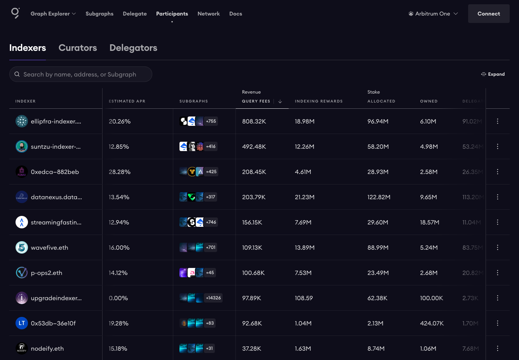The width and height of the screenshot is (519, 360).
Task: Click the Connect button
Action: (488, 14)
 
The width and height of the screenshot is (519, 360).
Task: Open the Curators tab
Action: (78, 48)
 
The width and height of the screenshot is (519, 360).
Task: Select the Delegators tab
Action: (133, 48)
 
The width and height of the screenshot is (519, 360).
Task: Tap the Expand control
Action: (493, 74)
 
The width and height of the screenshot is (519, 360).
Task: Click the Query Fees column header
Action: (256, 101)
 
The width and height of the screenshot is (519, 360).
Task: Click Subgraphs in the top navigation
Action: (99, 14)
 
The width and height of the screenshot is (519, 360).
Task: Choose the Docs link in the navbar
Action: (235, 14)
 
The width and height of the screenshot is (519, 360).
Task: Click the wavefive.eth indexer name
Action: (49, 248)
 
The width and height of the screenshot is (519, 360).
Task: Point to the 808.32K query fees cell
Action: (254, 122)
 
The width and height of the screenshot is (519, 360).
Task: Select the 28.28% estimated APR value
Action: (120, 172)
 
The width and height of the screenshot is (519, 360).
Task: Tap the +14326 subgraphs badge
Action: (213, 298)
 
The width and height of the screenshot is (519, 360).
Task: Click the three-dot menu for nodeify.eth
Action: (497, 348)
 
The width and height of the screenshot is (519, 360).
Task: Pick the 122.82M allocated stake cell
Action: (379, 197)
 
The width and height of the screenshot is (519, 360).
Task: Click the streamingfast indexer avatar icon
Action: (22, 222)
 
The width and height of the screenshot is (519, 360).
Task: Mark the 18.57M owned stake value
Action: (430, 223)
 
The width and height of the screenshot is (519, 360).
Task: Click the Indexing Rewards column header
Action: (319, 101)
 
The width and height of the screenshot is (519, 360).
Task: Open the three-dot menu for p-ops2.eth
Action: (497, 273)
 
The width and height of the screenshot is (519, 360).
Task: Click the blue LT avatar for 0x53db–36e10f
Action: (22, 323)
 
